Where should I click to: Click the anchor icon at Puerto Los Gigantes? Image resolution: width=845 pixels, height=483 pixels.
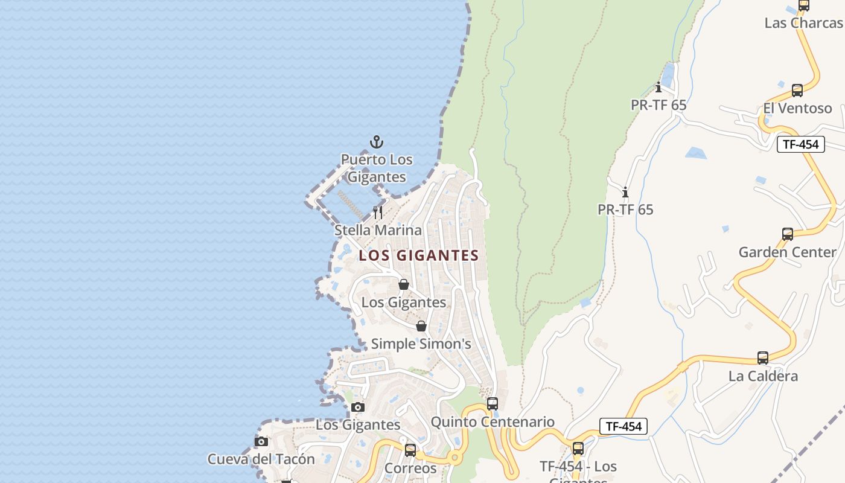click(x=377, y=142)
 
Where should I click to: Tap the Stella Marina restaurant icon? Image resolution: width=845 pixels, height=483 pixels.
click(x=378, y=213)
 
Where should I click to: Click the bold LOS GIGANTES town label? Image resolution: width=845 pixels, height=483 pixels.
click(x=419, y=255)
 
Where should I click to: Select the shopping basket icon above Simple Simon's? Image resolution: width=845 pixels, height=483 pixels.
click(x=421, y=326)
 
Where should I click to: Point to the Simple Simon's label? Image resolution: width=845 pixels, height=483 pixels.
click(x=421, y=344)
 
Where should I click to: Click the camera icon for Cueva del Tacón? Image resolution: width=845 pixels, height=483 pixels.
click(x=261, y=441)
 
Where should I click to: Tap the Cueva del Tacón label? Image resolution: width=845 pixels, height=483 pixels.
click(x=261, y=459)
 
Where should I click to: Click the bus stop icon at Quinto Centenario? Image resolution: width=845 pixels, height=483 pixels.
click(x=493, y=403)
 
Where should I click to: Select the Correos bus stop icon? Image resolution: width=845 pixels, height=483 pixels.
click(x=410, y=450)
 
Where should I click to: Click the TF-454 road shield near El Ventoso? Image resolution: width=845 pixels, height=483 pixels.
click(x=800, y=144)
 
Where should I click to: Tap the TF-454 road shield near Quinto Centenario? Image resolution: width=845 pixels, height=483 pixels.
click(x=623, y=426)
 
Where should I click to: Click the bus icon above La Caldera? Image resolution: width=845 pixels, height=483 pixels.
click(x=763, y=358)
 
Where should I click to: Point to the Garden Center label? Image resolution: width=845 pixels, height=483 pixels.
click(x=787, y=252)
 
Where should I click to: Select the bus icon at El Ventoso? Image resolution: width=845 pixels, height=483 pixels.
click(x=797, y=91)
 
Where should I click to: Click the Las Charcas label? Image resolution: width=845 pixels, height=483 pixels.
click(x=803, y=23)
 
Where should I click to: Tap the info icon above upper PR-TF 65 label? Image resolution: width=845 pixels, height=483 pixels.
click(x=658, y=88)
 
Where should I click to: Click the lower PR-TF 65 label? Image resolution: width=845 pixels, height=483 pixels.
click(x=625, y=210)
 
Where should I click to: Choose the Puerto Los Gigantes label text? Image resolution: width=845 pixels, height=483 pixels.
click(x=377, y=168)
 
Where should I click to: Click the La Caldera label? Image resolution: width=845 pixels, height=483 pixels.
click(x=763, y=376)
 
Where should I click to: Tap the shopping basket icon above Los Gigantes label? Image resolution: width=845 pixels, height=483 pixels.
click(x=404, y=284)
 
